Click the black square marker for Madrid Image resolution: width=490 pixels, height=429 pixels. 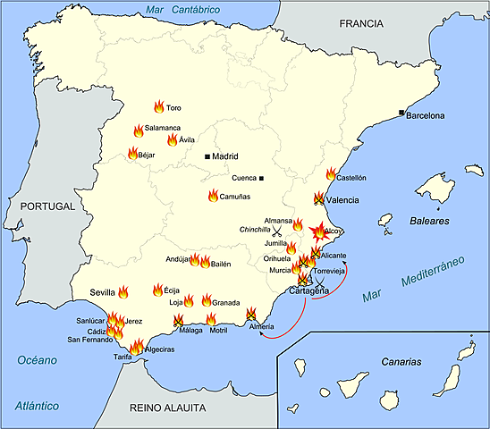click(x=207, y=156)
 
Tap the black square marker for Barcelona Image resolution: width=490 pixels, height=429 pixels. click(x=401, y=112)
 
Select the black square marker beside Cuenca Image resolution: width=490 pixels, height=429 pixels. click(x=262, y=178)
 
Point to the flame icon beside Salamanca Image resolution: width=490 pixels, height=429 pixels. click(x=139, y=130)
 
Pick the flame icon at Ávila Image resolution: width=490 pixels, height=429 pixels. click(x=172, y=139)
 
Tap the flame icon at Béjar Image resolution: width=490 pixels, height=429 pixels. click(x=132, y=154)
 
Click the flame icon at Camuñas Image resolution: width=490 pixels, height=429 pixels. click(x=213, y=196)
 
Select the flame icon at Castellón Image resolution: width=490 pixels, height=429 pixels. click(x=331, y=174)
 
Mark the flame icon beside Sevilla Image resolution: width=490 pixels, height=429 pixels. click(x=123, y=291)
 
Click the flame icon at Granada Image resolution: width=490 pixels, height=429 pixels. click(x=206, y=300)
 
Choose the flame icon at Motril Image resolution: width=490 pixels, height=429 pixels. click(x=211, y=319)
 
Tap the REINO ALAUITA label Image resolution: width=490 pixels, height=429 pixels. click(x=167, y=408)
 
